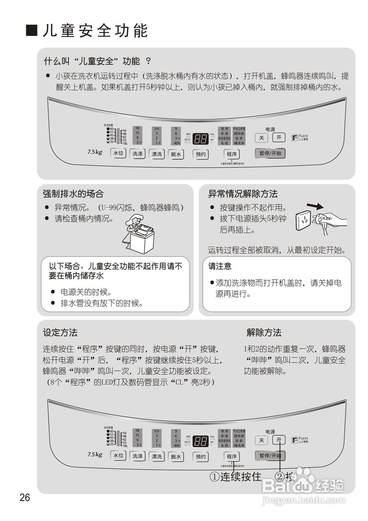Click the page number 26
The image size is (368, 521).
[25, 497]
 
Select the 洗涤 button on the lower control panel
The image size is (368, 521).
[137, 456]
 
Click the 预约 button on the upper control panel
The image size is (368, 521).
[201, 154]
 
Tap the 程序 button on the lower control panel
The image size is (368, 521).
[232, 456]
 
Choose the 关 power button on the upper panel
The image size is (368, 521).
[261, 138]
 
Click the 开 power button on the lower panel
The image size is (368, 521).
[279, 440]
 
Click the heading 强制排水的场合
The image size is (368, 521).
[73, 194]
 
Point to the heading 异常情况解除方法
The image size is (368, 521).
[243, 194]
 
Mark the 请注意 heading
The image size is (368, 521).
[220, 266]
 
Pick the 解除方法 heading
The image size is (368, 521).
[264, 333]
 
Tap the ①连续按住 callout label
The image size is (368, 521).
[235, 477]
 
